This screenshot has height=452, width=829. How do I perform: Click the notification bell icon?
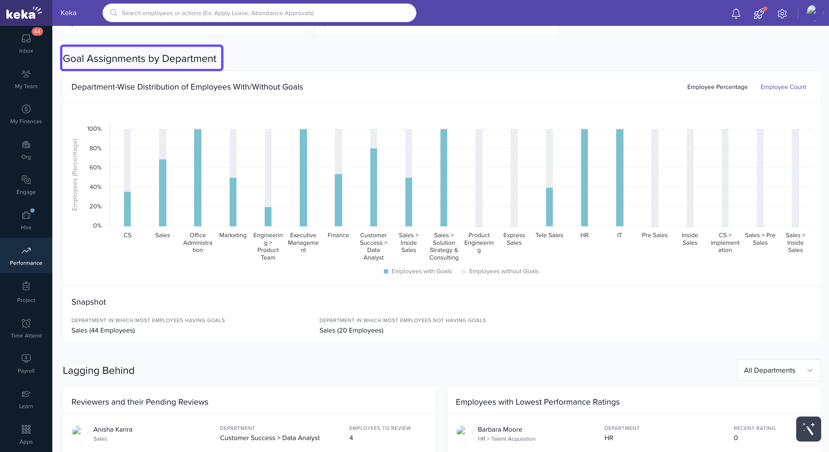pyautogui.click(x=736, y=14)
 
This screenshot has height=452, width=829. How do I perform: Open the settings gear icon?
pyautogui.click(x=782, y=14)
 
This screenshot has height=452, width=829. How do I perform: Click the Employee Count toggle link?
pyautogui.click(x=783, y=87)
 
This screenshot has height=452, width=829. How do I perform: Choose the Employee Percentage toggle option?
pyautogui.click(x=717, y=87)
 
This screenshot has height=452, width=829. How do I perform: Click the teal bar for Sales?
pyautogui.click(x=162, y=193)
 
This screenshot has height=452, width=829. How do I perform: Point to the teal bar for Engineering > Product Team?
pyautogui.click(x=268, y=216)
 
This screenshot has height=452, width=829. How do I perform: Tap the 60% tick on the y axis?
pyautogui.click(x=95, y=167)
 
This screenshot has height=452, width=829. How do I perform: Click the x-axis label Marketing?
pyautogui.click(x=233, y=235)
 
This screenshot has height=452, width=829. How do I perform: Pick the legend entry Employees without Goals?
pyautogui.click(x=503, y=271)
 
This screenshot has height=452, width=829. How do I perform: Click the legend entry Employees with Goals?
pyautogui.click(x=421, y=271)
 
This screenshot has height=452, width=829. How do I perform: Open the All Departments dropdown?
pyautogui.click(x=778, y=370)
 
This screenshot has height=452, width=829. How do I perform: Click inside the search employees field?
pyautogui.click(x=259, y=13)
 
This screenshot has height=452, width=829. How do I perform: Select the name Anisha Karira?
pyautogui.click(x=113, y=429)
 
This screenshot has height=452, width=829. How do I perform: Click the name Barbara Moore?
pyautogui.click(x=499, y=429)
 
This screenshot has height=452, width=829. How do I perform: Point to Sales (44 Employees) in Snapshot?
pyautogui.click(x=103, y=330)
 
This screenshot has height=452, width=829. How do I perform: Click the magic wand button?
pyautogui.click(x=808, y=429)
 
